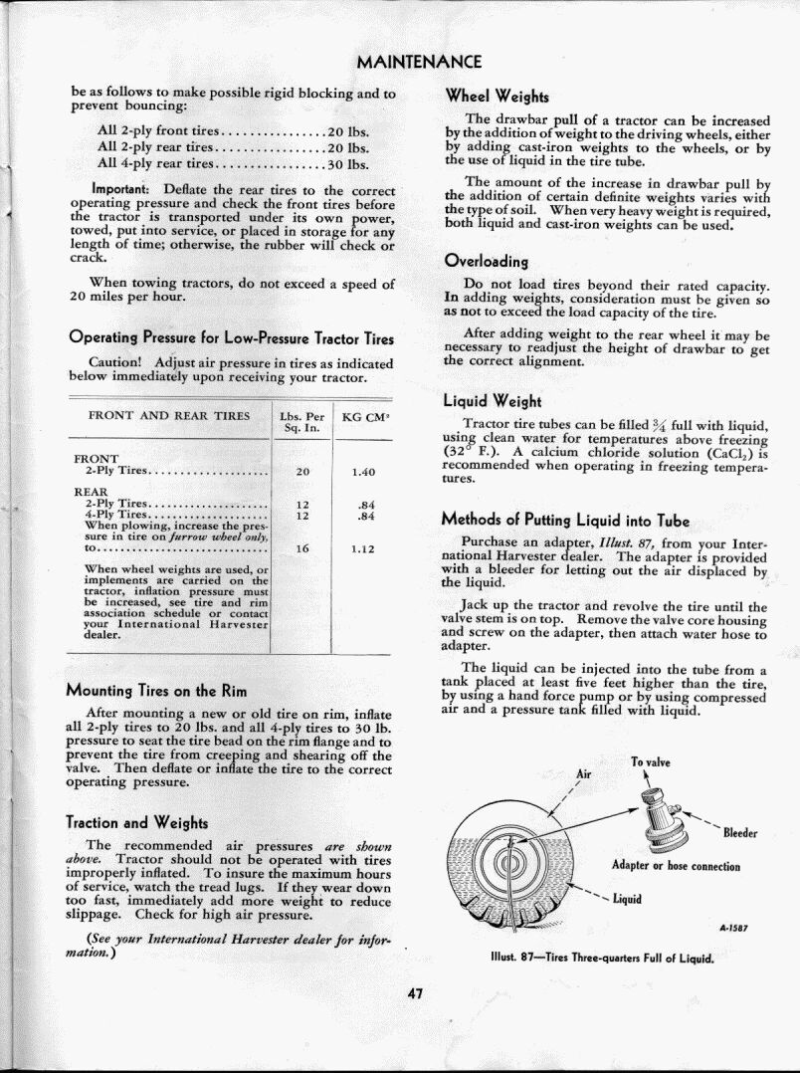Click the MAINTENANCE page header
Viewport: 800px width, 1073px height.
pos(419,62)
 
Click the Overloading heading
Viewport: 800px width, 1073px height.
pos(486,262)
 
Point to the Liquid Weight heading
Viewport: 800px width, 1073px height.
pos(492,401)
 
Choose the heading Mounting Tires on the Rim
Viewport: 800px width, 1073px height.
pos(156,691)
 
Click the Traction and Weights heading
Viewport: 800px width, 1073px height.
pos(136,822)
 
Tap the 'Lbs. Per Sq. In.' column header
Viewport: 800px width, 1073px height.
pos(302,422)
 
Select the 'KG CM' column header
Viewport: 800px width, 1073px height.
pos(363,416)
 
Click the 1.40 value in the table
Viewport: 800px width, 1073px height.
pos(362,472)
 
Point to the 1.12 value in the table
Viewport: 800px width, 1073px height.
pos(362,547)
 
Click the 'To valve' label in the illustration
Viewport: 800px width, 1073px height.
pos(651,762)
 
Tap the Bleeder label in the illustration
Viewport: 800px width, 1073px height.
pos(740,833)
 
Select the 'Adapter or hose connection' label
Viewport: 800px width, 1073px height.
pos(676,866)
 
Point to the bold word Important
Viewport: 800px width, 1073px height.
pos(119,189)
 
